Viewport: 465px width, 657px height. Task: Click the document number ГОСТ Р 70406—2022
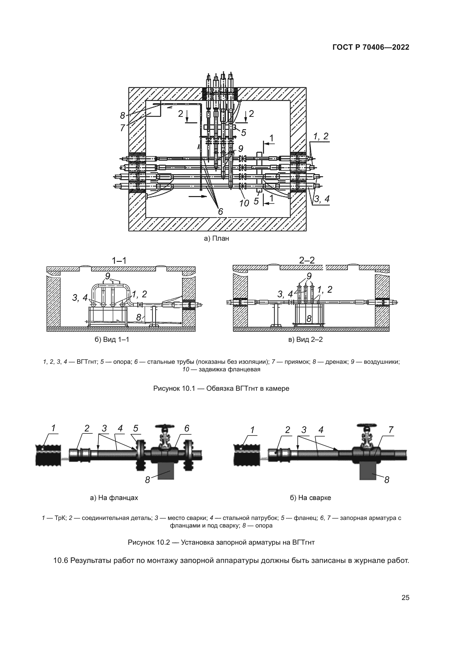coord(371,47)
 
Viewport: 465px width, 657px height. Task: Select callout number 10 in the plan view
coord(244,203)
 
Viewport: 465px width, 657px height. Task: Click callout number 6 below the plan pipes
coord(220,212)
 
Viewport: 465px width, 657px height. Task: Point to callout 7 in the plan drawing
coord(123,128)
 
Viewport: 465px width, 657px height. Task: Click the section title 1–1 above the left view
coord(119,260)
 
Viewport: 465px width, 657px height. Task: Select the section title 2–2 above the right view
coord(307,260)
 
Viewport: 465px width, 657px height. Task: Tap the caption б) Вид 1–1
coord(112,339)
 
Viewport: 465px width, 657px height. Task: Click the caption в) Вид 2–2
coord(306,339)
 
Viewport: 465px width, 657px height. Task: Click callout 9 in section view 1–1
coord(108,276)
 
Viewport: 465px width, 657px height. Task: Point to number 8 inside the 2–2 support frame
coord(309,319)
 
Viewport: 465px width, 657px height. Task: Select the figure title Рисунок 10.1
coord(221,388)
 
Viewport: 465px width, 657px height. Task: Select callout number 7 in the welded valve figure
coord(390,430)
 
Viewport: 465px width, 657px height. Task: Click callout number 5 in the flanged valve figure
coord(136,428)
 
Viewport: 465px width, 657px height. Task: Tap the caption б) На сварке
coord(310,498)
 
